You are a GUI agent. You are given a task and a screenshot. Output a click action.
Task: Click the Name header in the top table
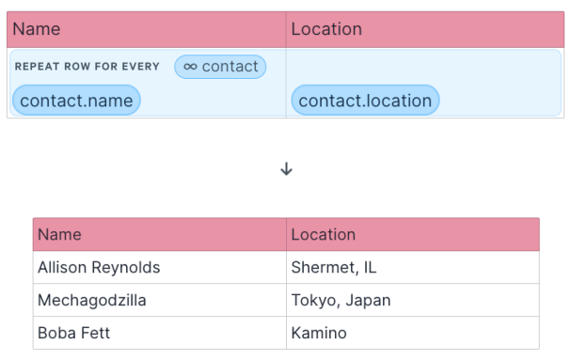pyautogui.click(x=36, y=29)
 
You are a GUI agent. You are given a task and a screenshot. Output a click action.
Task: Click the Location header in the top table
pyautogui.click(x=326, y=29)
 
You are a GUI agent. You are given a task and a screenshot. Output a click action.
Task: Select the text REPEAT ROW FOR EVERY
pyautogui.click(x=87, y=67)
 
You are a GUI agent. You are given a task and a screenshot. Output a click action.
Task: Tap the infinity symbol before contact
pyautogui.click(x=190, y=67)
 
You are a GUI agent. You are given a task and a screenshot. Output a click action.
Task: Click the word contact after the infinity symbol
pyautogui.click(x=230, y=67)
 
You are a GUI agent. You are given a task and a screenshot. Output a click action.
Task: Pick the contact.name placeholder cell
pyautogui.click(x=76, y=101)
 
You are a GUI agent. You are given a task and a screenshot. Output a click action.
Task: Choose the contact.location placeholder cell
pyautogui.click(x=365, y=101)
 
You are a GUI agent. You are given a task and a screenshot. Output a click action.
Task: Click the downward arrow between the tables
pyautogui.click(x=287, y=169)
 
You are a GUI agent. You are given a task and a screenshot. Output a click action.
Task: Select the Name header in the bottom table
pyautogui.click(x=59, y=234)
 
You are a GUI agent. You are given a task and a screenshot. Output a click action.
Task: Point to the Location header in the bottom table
pyautogui.click(x=324, y=234)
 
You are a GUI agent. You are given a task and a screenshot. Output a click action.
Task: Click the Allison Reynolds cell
pyautogui.click(x=99, y=268)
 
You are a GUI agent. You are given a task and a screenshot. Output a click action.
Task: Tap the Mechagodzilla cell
pyautogui.click(x=91, y=301)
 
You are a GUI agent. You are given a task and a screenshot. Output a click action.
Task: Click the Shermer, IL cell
pyautogui.click(x=334, y=268)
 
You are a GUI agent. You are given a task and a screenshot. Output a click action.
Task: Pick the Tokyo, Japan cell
pyautogui.click(x=341, y=301)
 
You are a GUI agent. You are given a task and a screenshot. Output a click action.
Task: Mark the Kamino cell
pyautogui.click(x=320, y=333)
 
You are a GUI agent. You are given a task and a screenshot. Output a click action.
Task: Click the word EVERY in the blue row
pyautogui.click(x=139, y=67)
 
